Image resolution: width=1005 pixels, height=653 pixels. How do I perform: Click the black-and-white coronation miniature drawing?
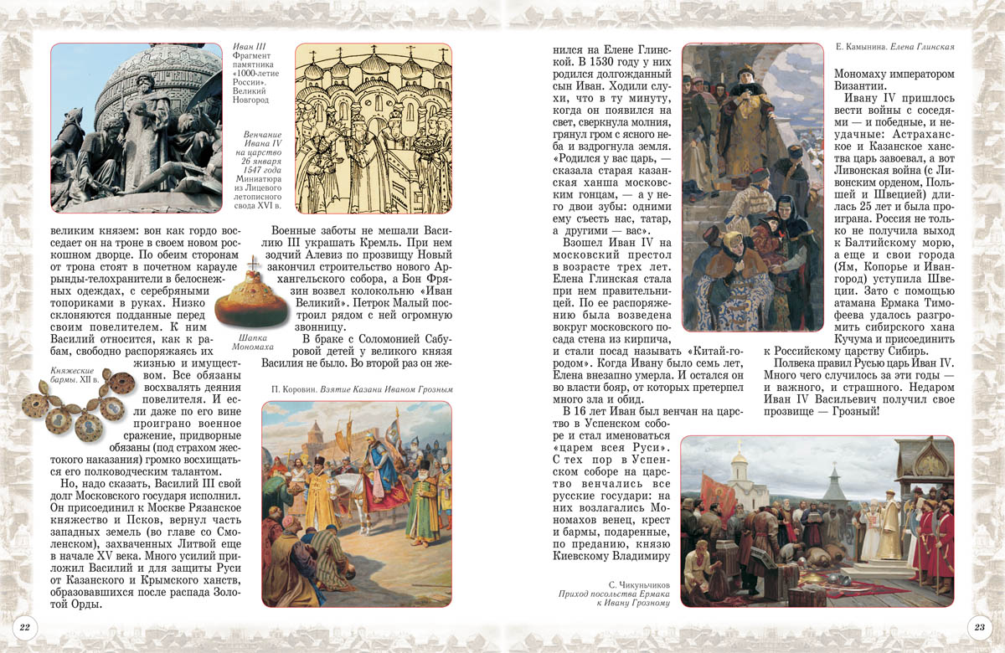tap(374, 128)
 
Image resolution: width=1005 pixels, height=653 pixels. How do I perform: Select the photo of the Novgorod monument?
tap(136, 128)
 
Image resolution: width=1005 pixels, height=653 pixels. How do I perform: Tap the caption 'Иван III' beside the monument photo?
tap(248, 44)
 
